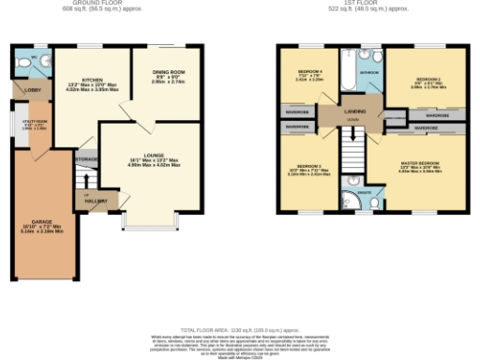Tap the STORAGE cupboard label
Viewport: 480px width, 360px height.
(86, 159)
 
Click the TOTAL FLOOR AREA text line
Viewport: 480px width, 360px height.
(240, 329)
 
